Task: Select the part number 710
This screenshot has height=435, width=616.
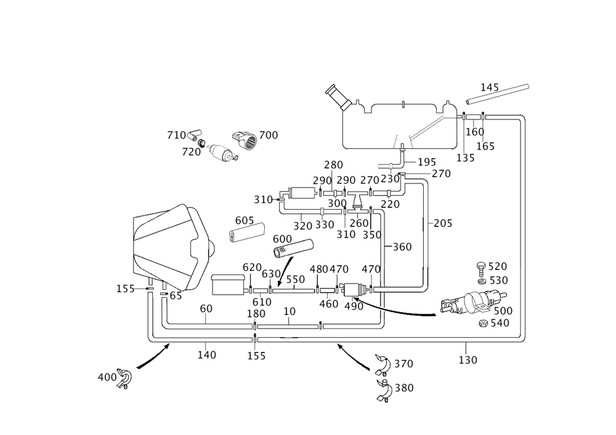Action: (x=176, y=135)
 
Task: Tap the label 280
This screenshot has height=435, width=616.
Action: (x=333, y=165)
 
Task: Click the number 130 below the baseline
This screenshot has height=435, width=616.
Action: (x=468, y=360)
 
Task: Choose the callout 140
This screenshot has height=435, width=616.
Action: (x=206, y=354)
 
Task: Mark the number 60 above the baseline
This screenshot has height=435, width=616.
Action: (x=206, y=308)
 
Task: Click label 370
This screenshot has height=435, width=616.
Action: (x=403, y=364)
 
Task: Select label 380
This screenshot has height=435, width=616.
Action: (x=403, y=388)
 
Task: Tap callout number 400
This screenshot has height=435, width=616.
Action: (x=106, y=377)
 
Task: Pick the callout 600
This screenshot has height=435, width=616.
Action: (x=282, y=239)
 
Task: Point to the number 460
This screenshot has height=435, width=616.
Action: (x=328, y=303)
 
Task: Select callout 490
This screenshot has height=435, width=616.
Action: (x=353, y=305)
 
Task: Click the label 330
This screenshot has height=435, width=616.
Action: (x=324, y=225)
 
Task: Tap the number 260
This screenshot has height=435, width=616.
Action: (x=359, y=223)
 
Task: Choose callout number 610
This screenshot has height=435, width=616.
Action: (x=262, y=301)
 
